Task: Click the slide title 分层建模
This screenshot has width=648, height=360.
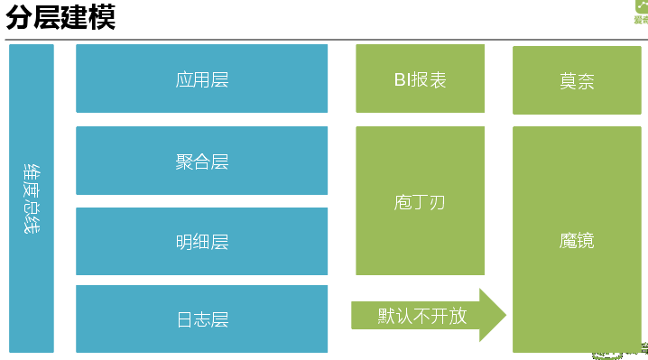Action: pos(60,17)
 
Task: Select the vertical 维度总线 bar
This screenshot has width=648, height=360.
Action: pos(32,198)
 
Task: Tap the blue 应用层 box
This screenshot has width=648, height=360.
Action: pos(201,78)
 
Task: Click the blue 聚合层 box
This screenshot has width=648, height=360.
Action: pos(201,161)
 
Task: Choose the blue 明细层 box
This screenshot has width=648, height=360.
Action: pos(201,241)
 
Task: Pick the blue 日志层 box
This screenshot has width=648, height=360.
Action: pos(201,318)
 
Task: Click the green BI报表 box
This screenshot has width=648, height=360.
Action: pos(420,78)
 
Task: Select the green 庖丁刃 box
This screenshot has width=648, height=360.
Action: pos(420,200)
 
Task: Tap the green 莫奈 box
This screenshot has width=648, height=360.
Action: pos(577,80)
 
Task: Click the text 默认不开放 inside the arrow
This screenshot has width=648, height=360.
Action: pos(421,316)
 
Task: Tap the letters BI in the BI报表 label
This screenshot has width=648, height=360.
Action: pos(402,79)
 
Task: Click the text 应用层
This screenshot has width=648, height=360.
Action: pos(201,79)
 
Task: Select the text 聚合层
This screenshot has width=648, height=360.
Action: pos(201,162)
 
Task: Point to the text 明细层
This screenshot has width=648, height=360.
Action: pos(201,242)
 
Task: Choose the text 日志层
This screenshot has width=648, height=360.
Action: pos(201,319)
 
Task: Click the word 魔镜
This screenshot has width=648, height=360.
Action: pos(577,241)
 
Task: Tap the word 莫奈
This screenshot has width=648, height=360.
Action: pos(577,81)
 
